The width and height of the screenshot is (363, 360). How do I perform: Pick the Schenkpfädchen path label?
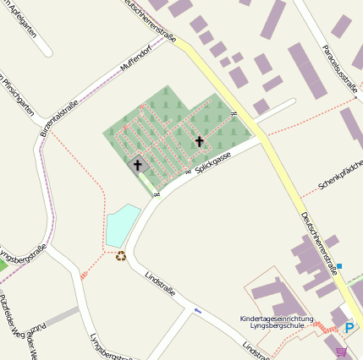point(339,176)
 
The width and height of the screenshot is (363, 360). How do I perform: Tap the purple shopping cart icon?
point(341,352)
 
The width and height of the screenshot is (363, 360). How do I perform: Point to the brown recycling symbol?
point(121,255)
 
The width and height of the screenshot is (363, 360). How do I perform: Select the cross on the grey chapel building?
point(138,165)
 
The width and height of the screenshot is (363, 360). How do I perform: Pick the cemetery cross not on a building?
point(200,141)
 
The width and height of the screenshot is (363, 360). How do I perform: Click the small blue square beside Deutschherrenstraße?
point(339,266)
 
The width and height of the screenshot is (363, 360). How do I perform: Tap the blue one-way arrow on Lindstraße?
point(198,310)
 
